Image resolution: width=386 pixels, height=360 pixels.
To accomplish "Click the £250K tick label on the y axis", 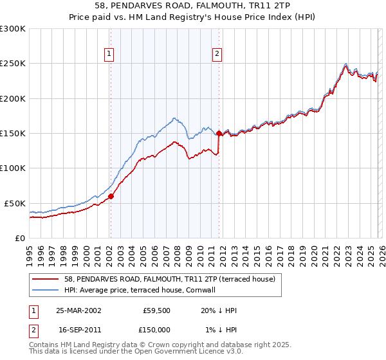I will [13, 64].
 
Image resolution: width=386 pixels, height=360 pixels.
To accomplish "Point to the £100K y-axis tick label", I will [13, 168].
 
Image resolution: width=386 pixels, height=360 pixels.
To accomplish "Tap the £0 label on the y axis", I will [19, 238].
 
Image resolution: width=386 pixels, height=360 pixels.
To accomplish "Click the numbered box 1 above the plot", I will [110, 55].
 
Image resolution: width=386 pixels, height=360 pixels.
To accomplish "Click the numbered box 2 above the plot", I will [217, 55].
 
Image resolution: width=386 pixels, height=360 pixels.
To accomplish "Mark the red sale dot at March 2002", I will [111, 197].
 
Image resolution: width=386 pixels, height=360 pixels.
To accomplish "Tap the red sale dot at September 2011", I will [219, 133].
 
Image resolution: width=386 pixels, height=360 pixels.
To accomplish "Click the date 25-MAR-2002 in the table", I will [78, 310].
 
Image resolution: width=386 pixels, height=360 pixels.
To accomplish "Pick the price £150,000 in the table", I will [157, 329].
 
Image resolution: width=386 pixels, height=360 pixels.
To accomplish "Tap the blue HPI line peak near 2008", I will [175, 118].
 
